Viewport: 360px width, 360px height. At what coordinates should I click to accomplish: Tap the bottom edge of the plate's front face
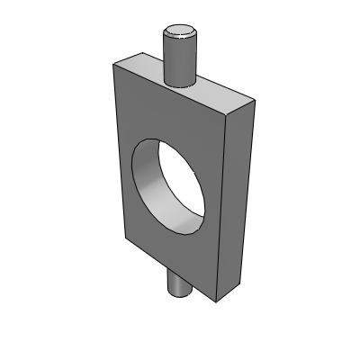click(172, 269)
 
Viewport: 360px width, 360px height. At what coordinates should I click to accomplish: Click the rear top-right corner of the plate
click(255, 101)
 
